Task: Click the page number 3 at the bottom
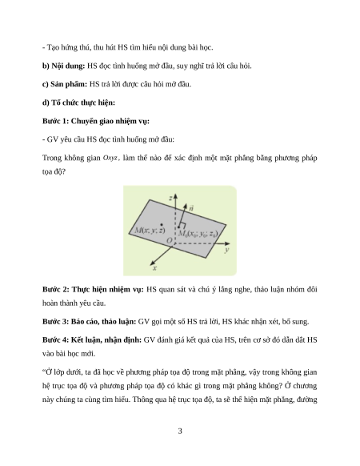(180, 431)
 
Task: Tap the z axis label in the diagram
(170, 198)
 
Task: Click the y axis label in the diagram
(226, 250)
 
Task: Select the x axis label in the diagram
(154, 268)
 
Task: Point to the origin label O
(169, 240)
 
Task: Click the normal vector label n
(191, 207)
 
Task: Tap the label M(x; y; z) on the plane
(150, 231)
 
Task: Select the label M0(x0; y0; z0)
(198, 234)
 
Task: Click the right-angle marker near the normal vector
(182, 225)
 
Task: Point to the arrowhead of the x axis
(152, 263)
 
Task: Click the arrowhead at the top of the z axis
(175, 196)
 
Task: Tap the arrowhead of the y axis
(226, 243)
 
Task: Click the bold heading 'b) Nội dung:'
(63, 66)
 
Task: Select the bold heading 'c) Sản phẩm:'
(65, 84)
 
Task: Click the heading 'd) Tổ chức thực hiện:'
(78, 102)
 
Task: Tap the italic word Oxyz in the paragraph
(110, 158)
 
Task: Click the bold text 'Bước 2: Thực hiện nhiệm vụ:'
(93, 290)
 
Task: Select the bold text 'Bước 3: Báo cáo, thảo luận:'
(89, 322)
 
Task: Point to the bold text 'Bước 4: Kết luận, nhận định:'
(92, 340)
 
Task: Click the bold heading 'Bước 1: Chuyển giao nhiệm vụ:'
(96, 121)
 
